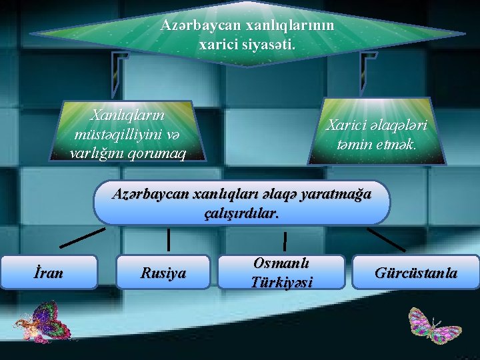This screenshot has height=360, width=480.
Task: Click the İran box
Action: [x=49, y=271]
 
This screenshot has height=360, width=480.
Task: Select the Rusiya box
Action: [x=163, y=272]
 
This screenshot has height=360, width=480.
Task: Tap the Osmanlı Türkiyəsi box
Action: [x=281, y=272]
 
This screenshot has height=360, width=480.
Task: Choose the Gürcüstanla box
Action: [x=416, y=272]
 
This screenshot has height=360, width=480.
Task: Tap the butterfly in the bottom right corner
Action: [x=435, y=325]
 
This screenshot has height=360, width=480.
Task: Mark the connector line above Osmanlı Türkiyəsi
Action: [x=285, y=241]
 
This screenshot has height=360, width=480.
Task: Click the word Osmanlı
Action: [x=281, y=263]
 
